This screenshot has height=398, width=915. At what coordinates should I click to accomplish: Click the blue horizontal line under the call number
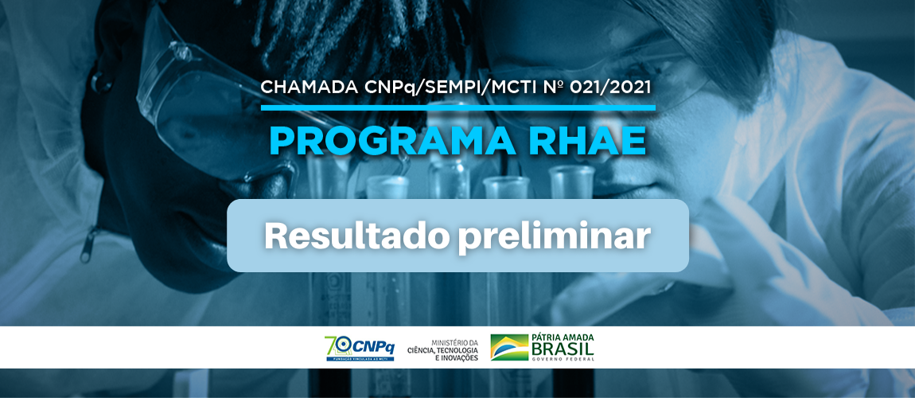(458, 107)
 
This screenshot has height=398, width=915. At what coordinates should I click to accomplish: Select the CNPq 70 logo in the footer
(360, 348)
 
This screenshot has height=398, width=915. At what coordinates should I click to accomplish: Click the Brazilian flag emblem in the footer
(509, 347)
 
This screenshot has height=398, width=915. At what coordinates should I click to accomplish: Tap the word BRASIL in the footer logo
(563, 349)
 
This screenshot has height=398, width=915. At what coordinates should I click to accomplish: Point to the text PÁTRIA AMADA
(563, 338)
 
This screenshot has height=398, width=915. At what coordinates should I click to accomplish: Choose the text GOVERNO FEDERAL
(563, 359)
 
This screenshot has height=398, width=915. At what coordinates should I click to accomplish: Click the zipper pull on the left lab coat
(88, 245)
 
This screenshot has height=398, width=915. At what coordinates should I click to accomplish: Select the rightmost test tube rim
(572, 173)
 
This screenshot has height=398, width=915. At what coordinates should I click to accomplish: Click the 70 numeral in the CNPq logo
(338, 345)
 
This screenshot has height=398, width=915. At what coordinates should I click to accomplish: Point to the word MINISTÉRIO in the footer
(454, 342)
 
